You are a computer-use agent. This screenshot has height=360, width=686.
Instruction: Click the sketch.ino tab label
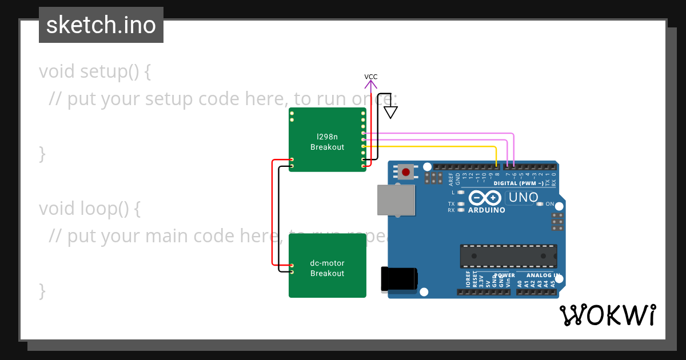coord(101,25)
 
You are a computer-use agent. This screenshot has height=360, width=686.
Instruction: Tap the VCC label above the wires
coord(371,77)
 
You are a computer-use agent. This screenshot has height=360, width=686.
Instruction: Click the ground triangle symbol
coord(390,112)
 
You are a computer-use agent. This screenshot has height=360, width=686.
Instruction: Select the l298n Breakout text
coord(327,142)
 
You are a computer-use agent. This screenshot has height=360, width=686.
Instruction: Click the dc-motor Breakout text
coord(327,268)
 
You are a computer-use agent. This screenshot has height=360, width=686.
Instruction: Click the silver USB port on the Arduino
coord(396,200)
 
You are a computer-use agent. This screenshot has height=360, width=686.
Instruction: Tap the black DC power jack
coord(399,279)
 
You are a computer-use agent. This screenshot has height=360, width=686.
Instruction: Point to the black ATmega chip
coord(508,256)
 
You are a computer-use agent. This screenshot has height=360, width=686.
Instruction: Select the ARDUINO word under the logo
coord(486,210)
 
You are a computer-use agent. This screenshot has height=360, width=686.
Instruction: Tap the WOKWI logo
coord(607,315)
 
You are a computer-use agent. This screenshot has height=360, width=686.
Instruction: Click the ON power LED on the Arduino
coord(540,204)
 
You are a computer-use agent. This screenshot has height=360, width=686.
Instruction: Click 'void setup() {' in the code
coord(95,71)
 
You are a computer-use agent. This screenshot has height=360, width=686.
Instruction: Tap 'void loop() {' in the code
coord(90,209)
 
